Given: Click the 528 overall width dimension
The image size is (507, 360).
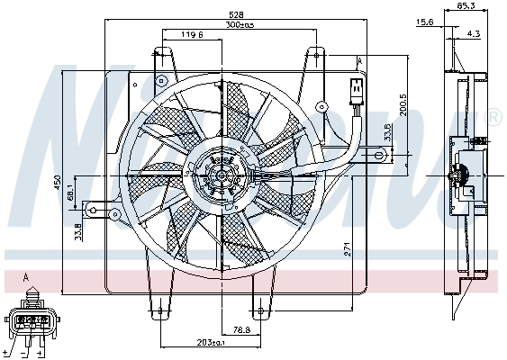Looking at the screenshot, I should (x=234, y=15).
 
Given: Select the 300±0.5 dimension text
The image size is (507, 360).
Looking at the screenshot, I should (x=239, y=25).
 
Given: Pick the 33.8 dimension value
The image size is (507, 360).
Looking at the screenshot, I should (x=78, y=231).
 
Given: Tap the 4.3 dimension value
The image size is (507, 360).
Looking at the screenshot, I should (x=473, y=34).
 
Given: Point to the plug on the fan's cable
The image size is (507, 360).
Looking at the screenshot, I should (x=355, y=91).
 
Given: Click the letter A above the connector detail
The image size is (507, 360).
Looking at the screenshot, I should (x=27, y=277).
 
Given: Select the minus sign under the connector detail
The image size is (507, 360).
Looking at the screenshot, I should (x=26, y=354).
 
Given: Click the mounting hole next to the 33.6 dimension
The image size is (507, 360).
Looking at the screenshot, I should (x=380, y=157).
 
